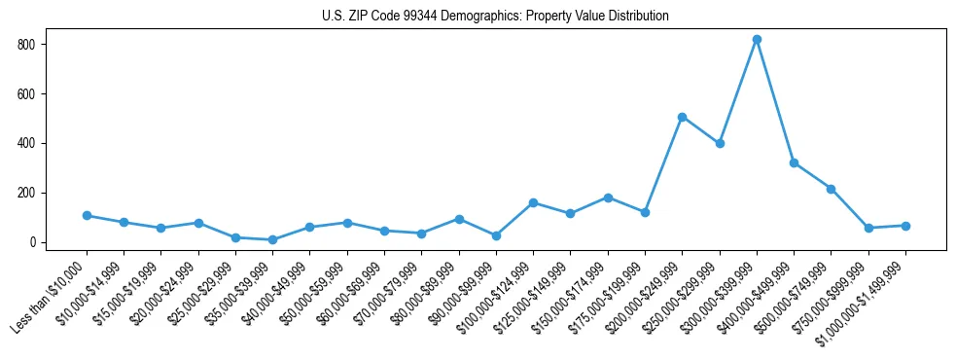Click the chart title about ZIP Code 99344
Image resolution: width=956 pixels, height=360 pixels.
point(495,16)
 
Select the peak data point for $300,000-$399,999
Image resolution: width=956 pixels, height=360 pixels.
point(757,40)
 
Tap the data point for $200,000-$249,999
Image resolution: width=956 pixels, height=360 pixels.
point(682,117)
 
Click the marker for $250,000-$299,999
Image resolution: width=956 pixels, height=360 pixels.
point(720,143)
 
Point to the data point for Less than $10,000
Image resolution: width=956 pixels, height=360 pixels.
point(87,215)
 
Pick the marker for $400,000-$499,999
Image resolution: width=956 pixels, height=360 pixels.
point(794,162)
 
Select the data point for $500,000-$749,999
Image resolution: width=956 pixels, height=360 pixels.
point(831,189)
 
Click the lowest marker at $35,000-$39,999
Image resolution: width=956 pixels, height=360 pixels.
point(272,239)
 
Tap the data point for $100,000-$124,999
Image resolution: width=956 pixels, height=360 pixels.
point(533,202)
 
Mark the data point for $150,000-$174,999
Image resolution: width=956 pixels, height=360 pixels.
point(608,198)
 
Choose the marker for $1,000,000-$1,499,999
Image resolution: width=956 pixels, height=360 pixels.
point(905,226)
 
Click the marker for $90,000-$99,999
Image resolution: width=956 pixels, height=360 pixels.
point(496,235)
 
